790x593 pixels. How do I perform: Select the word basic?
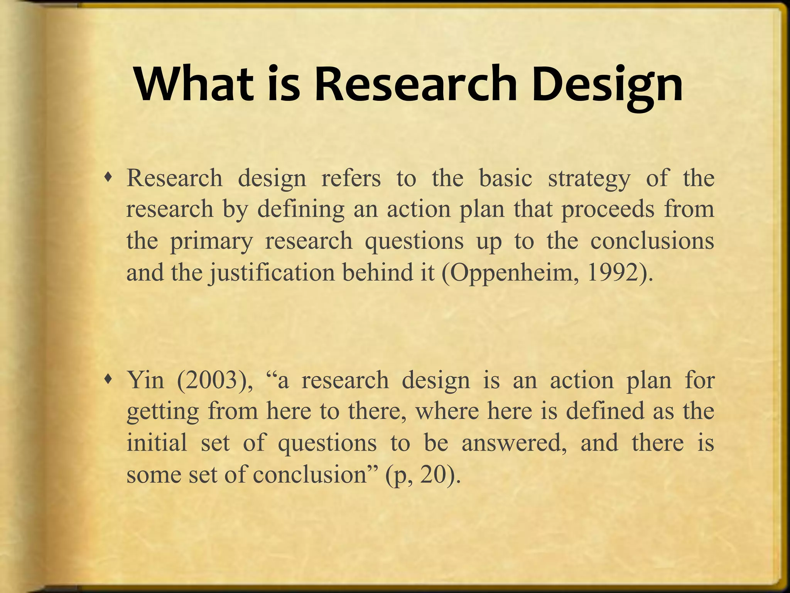[x=505, y=178]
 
